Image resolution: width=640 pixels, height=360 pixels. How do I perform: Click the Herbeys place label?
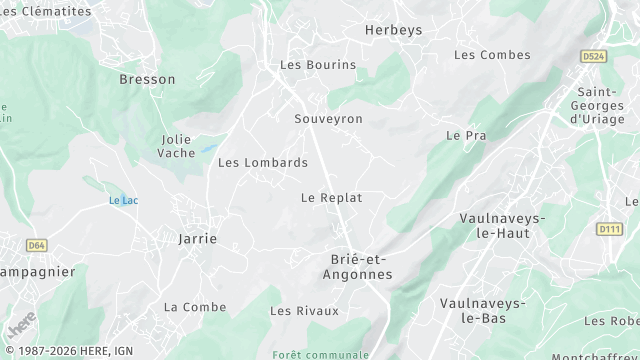pos(393,30)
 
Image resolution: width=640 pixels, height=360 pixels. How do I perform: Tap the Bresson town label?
pos(147,79)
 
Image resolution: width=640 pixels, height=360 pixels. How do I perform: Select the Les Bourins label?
pos(318,65)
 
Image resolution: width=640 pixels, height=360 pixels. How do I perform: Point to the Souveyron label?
pos(328,119)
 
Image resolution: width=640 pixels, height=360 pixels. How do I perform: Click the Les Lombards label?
pos(263,162)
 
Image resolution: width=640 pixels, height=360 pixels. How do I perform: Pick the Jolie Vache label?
pos(177,146)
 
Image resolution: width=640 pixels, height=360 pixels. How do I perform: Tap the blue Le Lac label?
pos(123,201)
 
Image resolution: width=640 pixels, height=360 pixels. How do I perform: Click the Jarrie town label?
pos(197,239)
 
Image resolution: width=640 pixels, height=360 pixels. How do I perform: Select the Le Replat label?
pos(331,198)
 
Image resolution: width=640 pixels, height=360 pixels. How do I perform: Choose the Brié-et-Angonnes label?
pos(361,266)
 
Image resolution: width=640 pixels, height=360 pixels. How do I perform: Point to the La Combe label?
pos(195,307)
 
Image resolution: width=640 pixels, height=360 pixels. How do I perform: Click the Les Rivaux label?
pos(304,311)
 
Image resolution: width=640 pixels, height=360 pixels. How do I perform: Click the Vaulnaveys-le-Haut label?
pos(502,225)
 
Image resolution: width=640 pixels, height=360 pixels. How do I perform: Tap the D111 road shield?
pos(609,229)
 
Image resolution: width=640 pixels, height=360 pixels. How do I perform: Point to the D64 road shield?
pos(37,244)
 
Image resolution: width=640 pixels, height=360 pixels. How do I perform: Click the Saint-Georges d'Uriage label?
pos(602,106)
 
